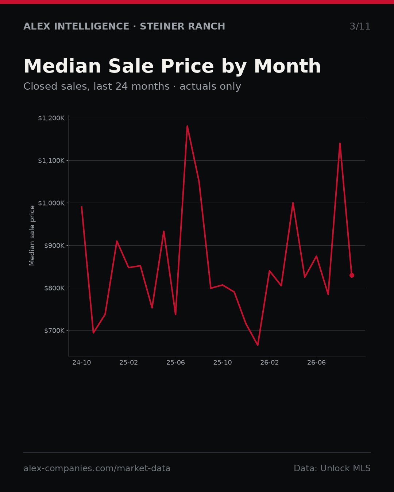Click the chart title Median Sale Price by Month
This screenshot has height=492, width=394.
click(172, 66)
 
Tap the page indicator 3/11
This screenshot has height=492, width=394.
click(360, 26)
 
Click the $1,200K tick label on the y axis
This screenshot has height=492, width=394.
click(51, 118)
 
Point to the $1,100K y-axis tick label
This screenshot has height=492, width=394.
click(51, 161)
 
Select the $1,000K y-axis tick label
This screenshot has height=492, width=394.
click(51, 203)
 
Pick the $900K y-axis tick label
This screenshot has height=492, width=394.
click(54, 246)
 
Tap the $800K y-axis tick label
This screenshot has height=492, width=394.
click(54, 288)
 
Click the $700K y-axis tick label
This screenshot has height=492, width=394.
click(54, 331)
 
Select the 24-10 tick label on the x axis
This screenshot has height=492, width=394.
click(82, 363)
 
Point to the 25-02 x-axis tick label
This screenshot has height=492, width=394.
click(129, 363)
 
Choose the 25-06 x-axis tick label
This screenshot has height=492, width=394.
click(175, 363)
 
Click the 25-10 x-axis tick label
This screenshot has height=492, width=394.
click(223, 363)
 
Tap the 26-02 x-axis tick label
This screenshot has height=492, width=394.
click(270, 363)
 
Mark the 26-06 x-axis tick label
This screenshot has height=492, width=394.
click(316, 363)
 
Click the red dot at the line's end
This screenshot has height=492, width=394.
click(352, 275)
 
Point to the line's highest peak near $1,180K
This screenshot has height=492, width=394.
click(187, 126)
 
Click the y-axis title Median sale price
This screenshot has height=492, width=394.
click(32, 235)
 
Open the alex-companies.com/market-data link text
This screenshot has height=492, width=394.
click(97, 468)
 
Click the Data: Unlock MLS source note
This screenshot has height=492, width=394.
click(332, 468)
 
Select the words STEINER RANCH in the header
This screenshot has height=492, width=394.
click(182, 26)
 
